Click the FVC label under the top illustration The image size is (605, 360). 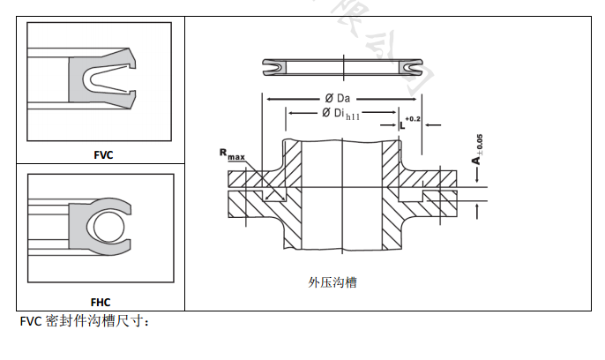point(102,154)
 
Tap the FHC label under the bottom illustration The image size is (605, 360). point(100,301)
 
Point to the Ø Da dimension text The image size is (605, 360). point(339,98)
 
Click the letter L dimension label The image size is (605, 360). point(402,125)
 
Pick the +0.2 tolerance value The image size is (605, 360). point(413,118)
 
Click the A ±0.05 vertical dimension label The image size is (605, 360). point(476,149)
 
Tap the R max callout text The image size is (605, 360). point(233,154)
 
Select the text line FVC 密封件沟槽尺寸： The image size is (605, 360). point(85,322)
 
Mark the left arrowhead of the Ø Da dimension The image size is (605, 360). point(267,98)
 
